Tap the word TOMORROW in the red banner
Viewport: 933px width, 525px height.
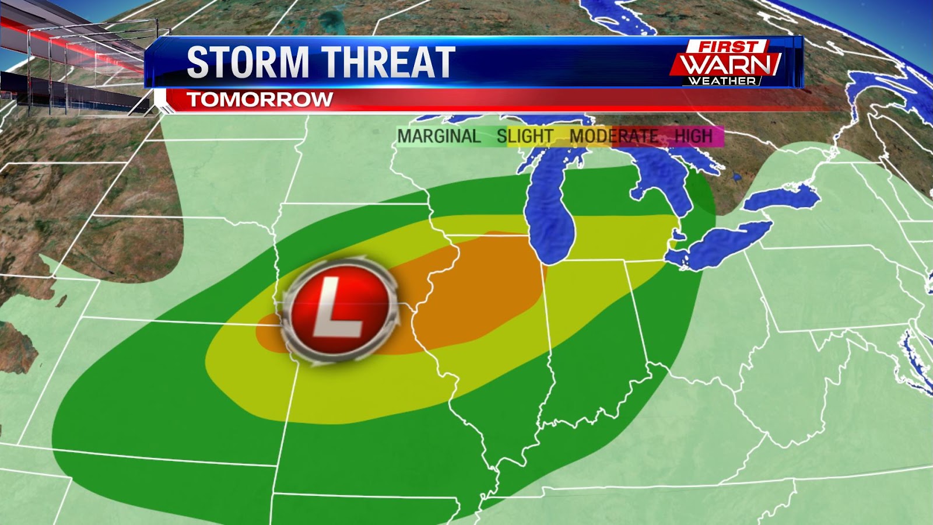tap(260, 99)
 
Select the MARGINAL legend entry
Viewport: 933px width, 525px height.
tap(439, 136)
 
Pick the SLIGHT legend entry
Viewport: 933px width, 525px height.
tap(525, 136)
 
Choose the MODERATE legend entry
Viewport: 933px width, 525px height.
tap(613, 136)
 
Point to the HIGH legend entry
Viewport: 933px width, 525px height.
tap(693, 136)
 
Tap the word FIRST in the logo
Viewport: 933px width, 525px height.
tap(729, 47)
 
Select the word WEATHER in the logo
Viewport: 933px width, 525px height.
tap(722, 81)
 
